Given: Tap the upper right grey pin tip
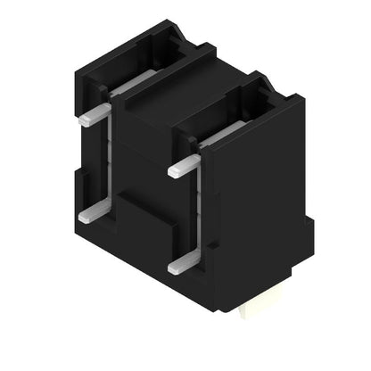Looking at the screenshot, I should pyautogui.click(x=176, y=169).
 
